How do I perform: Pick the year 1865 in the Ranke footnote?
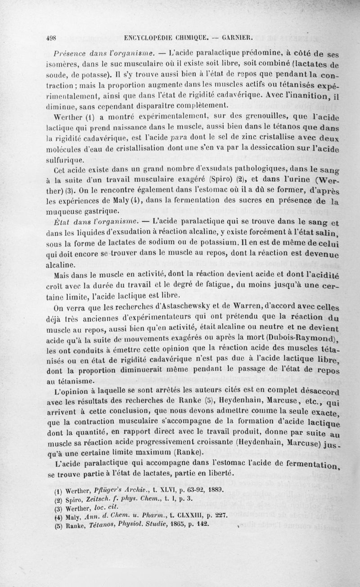(175, 527)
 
